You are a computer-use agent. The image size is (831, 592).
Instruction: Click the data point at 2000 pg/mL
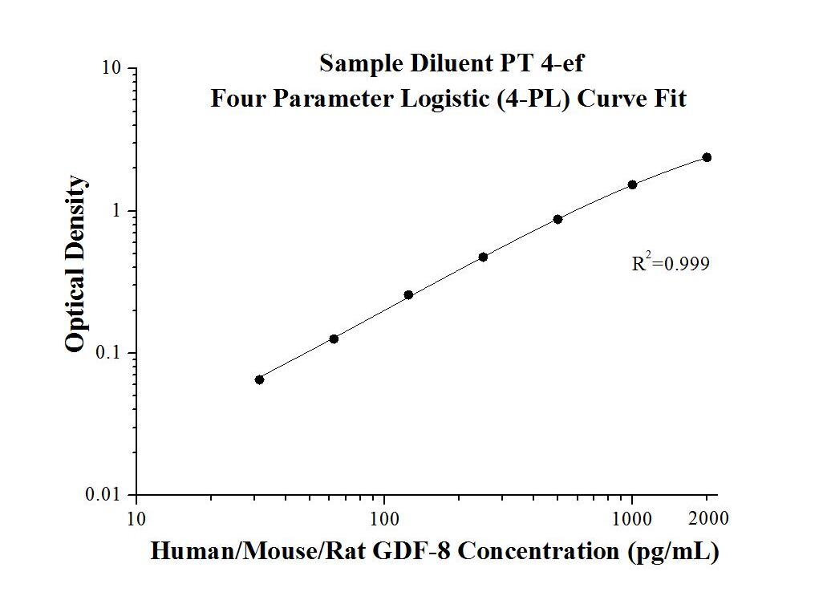coord(707,157)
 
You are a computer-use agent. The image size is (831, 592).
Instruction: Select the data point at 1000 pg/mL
coord(632,184)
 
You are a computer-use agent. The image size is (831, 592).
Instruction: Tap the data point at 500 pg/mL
coord(557,219)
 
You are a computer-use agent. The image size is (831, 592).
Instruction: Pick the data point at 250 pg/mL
coord(483,257)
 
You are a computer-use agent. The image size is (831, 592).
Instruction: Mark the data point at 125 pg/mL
coord(408,295)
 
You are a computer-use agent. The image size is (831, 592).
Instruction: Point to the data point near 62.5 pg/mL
coord(334,339)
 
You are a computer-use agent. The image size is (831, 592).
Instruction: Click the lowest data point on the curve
coord(259,379)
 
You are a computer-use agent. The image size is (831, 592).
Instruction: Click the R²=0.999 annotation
coord(671,263)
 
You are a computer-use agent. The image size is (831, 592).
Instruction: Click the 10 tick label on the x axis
coord(136,519)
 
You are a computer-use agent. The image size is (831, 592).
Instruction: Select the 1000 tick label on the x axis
coord(632,519)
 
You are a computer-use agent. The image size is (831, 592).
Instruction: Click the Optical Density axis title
coord(75,265)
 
